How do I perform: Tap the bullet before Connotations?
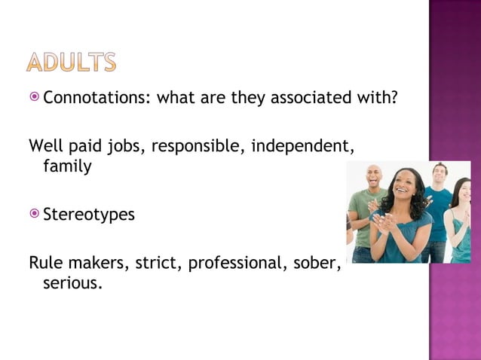(x=35, y=97)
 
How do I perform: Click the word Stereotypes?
(x=89, y=215)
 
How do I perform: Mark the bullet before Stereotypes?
(x=35, y=215)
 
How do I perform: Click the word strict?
(x=153, y=263)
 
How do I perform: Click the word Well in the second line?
(x=44, y=145)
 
